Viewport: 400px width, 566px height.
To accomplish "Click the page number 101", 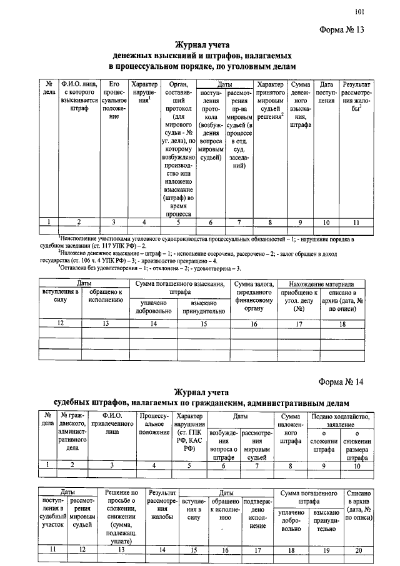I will [x=359, y=11].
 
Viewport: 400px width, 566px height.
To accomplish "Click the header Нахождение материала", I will [x=321, y=284].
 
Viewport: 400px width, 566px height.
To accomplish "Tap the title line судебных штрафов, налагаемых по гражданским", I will [x=199, y=401].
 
